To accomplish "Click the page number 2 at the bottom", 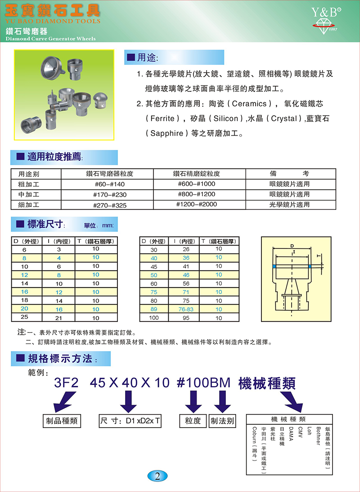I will [157, 476].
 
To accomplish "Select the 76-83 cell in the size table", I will [186, 309].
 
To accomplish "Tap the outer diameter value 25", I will [24, 318].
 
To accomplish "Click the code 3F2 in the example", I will [66, 383].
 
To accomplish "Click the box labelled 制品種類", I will [62, 421].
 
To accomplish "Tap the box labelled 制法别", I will [223, 421].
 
